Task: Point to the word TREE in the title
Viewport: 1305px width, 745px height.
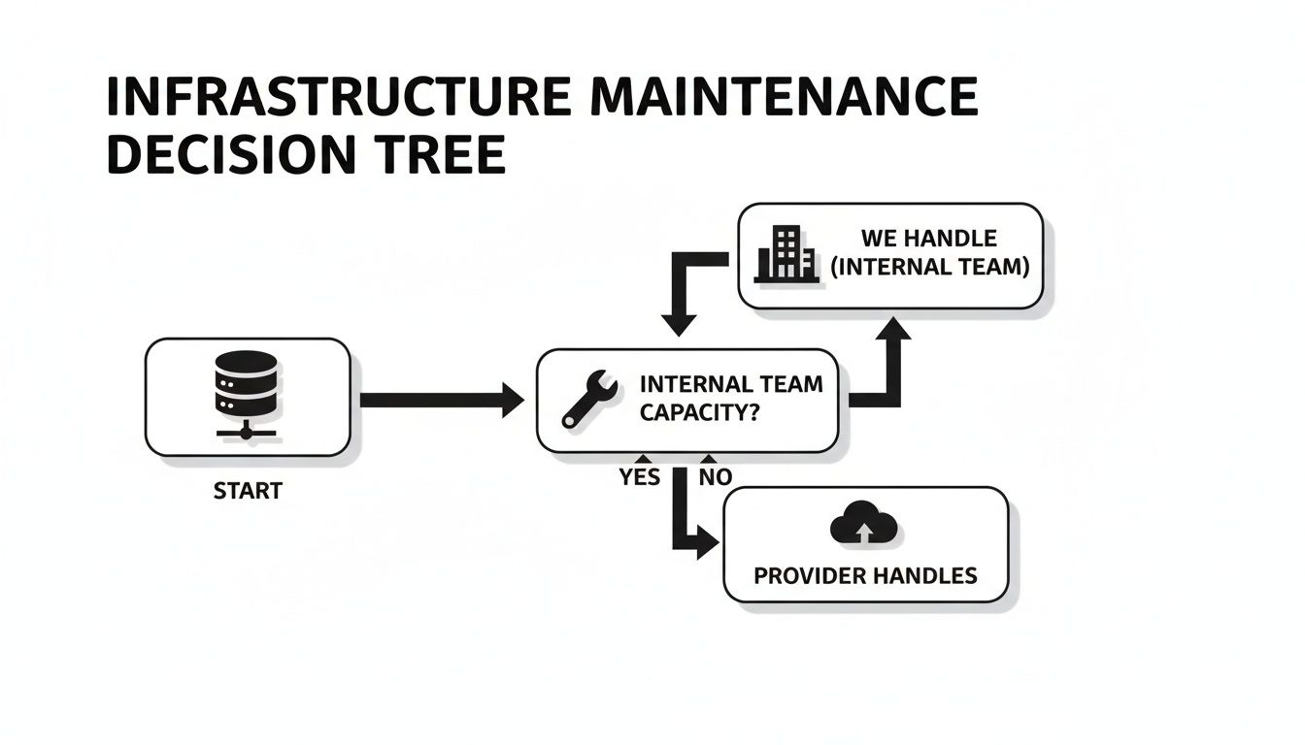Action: (x=452, y=155)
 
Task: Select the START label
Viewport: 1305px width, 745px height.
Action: (x=248, y=491)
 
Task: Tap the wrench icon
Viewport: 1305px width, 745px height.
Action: (x=589, y=399)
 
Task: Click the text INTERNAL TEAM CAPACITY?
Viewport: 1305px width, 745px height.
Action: (x=730, y=398)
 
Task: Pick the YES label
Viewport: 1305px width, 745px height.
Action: (x=639, y=477)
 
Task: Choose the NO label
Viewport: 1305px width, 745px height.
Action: (x=716, y=477)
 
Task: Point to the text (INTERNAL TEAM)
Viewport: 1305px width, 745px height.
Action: (x=929, y=267)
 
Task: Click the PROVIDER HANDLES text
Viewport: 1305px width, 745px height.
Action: (x=865, y=575)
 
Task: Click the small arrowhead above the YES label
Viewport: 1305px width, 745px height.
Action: (x=641, y=459)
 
